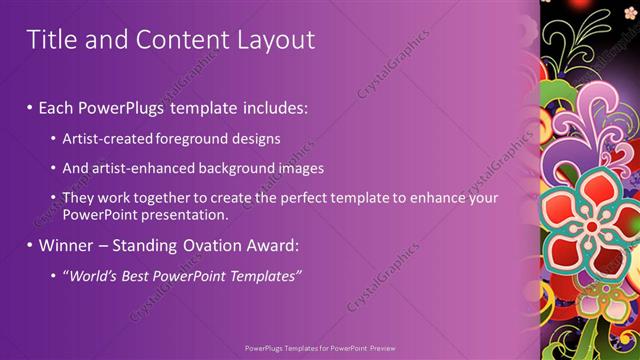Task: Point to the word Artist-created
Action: tap(107, 138)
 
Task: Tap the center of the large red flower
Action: tap(592, 227)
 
